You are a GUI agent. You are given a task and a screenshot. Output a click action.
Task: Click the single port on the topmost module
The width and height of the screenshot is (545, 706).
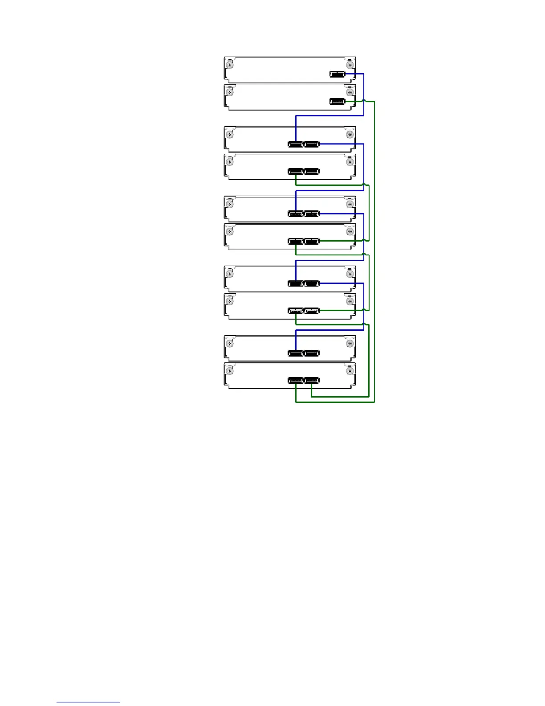coord(338,74)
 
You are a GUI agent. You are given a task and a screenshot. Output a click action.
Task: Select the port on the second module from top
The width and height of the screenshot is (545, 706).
coord(338,102)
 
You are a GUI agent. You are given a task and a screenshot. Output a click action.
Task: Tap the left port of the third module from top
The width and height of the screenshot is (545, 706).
coord(296,144)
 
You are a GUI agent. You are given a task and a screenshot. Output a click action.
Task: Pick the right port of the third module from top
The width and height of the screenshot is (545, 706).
coord(311,144)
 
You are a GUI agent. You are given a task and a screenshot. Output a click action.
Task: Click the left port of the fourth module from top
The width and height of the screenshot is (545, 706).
coord(296,172)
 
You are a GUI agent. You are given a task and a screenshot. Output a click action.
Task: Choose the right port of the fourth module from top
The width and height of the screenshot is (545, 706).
coord(311,172)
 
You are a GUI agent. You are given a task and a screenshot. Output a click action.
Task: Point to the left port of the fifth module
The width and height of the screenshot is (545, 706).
coord(296,214)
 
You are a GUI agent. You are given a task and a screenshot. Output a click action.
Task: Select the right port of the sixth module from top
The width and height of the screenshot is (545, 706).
coord(311,242)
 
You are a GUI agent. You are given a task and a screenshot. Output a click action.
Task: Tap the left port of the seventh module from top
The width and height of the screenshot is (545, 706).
coord(296,283)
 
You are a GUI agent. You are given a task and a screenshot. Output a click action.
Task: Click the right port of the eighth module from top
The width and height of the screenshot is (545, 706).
coord(311,311)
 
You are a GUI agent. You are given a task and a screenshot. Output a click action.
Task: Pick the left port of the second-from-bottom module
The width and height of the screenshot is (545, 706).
coord(296,353)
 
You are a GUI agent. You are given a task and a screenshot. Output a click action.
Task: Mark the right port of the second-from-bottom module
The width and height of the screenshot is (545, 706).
coord(311,353)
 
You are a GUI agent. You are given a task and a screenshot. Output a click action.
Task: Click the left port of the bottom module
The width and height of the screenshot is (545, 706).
coord(296,381)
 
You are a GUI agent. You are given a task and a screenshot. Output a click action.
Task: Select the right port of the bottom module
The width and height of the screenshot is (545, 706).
coord(311,381)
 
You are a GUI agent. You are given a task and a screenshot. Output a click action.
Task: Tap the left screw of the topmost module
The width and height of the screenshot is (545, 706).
coord(230,65)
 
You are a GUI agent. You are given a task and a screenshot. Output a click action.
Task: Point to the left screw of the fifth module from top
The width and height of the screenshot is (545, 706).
coord(230,204)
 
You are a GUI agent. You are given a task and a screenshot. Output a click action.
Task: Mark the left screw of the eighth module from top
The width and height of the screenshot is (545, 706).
coord(230,301)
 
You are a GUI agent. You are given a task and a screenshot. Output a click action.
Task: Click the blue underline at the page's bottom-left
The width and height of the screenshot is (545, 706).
coord(88,702)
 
